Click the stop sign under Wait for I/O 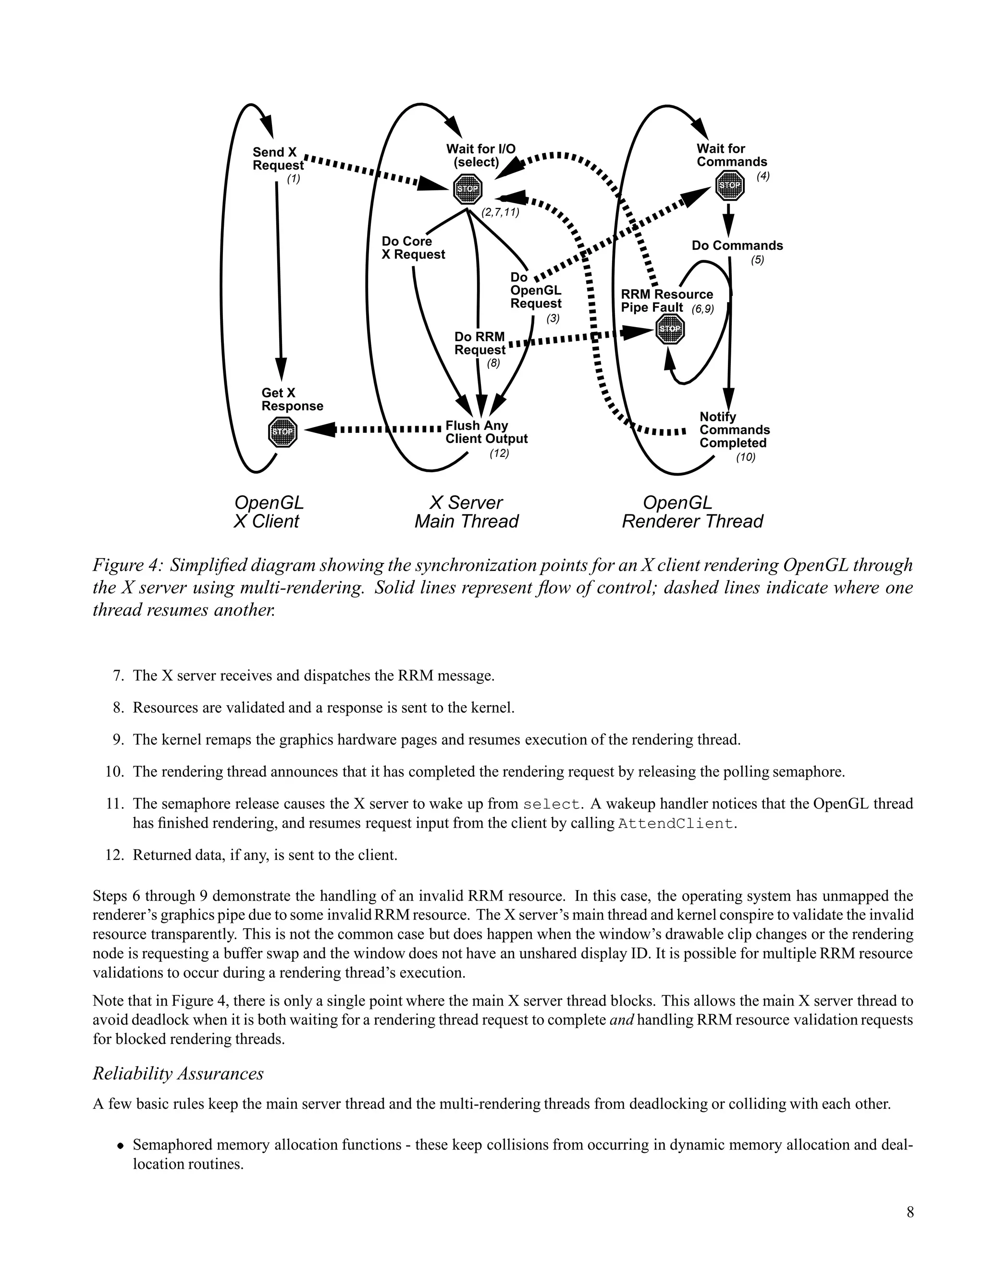tap(467, 189)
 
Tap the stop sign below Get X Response tap(283, 432)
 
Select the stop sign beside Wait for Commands tap(729, 186)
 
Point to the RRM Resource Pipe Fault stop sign tap(670, 330)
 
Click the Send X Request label tap(278, 159)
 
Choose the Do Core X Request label tap(413, 248)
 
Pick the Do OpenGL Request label tap(535, 290)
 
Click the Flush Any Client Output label tap(486, 432)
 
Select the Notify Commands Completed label tap(734, 429)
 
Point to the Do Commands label tap(737, 245)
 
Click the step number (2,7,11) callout tap(500, 213)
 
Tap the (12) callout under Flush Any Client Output tap(499, 453)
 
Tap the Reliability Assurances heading tap(178, 1074)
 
